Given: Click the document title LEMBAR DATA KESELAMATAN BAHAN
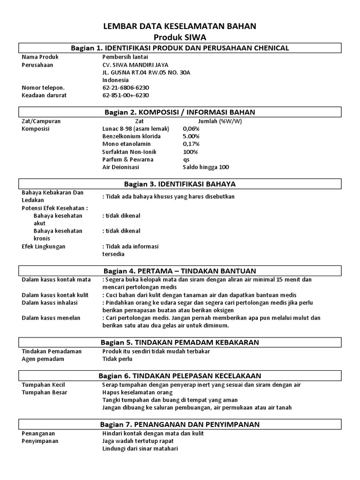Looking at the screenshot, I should coord(180,27).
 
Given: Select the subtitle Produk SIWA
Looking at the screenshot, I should coord(180,37).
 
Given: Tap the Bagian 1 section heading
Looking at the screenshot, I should coord(180,48).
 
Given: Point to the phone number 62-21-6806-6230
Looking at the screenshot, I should coord(125,87).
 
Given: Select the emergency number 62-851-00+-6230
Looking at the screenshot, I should coord(125,95).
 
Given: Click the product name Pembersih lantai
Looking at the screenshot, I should coord(123,57).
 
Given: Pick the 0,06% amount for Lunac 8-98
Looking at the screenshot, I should coord(191,128).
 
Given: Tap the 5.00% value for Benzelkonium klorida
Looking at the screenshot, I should coord(191,136).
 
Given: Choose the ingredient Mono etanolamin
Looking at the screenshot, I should coord(124,144).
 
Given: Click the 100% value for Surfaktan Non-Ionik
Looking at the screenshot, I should coord(190,152).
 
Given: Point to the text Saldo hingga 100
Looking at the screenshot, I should coord(206,167).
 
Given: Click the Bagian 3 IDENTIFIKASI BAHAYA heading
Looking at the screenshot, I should coord(180,183).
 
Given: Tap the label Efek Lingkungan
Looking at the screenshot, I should coord(44,246).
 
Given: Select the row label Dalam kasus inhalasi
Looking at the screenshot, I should coord(50,302).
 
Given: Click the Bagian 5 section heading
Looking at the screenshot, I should coord(180,342).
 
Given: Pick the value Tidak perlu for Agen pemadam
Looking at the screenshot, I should coord(117,359).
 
